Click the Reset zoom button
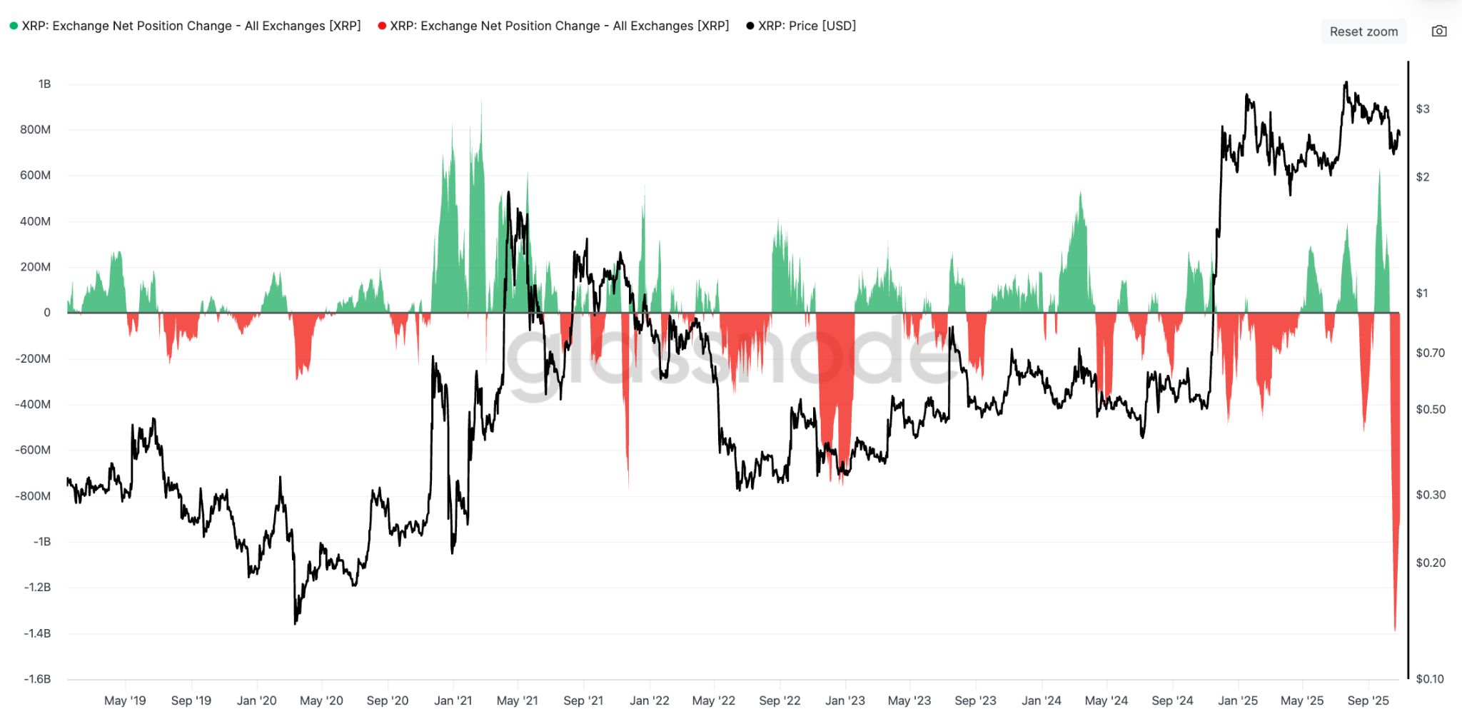point(1363,31)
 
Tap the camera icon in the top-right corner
point(1439,31)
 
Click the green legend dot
point(14,26)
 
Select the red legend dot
point(382,26)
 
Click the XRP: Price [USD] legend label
point(807,26)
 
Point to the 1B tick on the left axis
point(44,84)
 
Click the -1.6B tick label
point(37,679)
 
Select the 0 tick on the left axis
point(47,313)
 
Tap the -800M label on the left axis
point(33,496)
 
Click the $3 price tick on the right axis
point(1423,109)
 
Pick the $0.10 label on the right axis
point(1429,679)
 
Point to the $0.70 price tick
point(1430,353)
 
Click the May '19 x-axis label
point(125,700)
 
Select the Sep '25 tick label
point(1368,700)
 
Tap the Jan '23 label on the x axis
point(845,700)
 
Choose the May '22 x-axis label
point(713,700)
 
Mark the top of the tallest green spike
point(481,101)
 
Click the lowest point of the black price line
point(296,624)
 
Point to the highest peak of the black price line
point(1346,82)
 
